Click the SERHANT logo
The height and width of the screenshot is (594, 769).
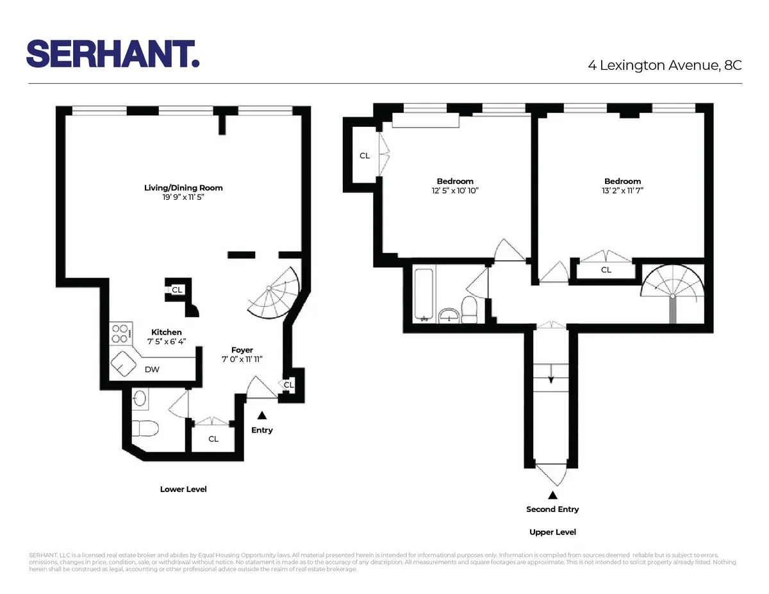click(x=113, y=53)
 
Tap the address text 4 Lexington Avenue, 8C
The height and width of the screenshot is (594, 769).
click(x=665, y=65)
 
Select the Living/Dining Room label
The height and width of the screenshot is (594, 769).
click(x=183, y=188)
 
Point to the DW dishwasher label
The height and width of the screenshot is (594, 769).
click(x=152, y=369)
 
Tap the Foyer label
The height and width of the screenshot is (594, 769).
click(x=242, y=351)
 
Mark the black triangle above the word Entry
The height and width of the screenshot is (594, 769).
click(x=261, y=416)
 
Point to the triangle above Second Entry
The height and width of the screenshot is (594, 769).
click(x=552, y=495)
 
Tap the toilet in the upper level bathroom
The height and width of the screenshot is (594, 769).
click(x=470, y=309)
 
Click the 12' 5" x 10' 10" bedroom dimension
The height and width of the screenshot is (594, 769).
click(x=455, y=191)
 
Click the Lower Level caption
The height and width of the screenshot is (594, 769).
click(x=183, y=489)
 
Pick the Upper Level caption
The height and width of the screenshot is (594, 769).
click(x=552, y=532)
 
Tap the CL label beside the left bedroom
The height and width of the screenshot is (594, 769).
click(x=365, y=156)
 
